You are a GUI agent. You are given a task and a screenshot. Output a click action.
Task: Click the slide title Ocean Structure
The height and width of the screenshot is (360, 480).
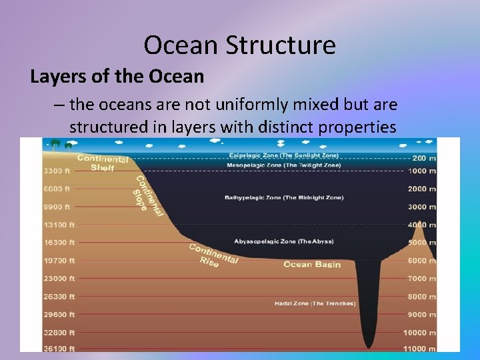tap(239, 45)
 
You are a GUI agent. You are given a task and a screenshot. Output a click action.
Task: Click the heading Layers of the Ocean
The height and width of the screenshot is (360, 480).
tap(117, 77)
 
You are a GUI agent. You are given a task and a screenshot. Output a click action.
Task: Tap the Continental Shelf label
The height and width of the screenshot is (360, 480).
tap(103, 163)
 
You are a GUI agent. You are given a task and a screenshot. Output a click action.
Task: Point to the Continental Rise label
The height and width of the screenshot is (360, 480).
tap(213, 255)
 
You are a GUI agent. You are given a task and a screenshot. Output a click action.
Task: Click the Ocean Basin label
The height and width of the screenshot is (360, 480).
tap(312, 265)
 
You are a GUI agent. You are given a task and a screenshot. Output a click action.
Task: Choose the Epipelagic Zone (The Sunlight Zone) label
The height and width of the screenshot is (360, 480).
tap(284, 155)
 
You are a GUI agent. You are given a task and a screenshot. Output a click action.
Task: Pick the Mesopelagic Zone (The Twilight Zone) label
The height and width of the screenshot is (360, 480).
tap(284, 165)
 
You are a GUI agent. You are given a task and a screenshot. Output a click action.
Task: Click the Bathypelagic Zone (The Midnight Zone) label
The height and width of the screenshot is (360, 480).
tap(284, 198)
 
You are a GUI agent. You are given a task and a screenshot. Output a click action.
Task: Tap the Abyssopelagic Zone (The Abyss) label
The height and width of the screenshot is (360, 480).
tap(284, 241)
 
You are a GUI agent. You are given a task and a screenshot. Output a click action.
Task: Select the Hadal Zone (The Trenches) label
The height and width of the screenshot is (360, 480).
tap(315, 303)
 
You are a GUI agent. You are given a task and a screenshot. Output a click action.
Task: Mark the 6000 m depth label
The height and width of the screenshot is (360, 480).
tap(421, 261)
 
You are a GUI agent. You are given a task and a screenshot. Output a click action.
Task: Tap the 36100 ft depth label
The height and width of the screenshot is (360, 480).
tap(59, 348)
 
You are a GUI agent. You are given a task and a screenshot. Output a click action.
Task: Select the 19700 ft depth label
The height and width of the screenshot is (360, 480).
tap(59, 261)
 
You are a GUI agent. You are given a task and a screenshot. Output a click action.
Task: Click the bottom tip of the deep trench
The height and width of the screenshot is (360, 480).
tap(368, 346)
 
